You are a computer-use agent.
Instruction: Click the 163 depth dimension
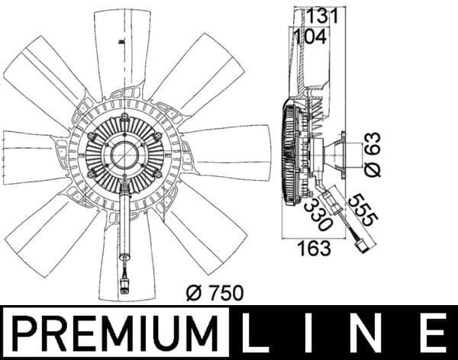click(314, 248)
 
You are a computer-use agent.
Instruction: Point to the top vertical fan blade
click(123, 50)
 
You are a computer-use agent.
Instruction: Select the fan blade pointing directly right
click(229, 153)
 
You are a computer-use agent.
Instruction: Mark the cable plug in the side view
click(361, 246)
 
